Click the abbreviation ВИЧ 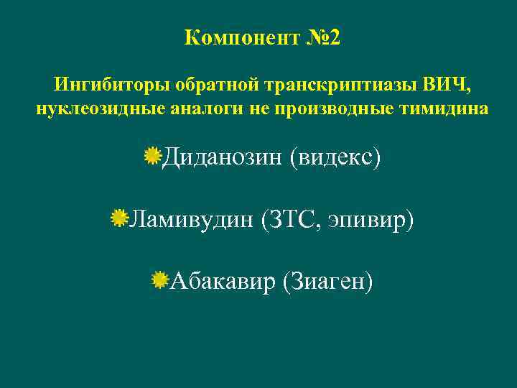point(447,86)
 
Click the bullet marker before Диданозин point(152,155)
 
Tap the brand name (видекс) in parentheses point(334,156)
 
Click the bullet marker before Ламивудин point(118,218)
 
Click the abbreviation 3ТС point(292,219)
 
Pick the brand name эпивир point(370,219)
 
